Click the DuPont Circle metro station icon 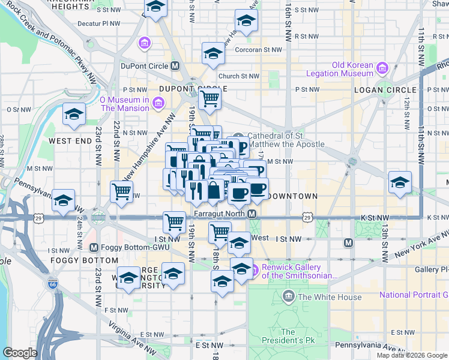coord(175,66)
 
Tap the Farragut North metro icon coord(253,214)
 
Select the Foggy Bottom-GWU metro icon coord(94,247)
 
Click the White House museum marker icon coord(289,296)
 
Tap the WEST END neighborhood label coord(66,141)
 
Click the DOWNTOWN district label coord(292,196)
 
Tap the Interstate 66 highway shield coord(53,282)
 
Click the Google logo coord(20,353)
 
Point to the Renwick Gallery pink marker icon coord(253,268)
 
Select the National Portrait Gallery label coord(414,295)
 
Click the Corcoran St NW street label coord(259,50)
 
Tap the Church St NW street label coord(238,76)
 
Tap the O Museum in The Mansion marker coord(157,104)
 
